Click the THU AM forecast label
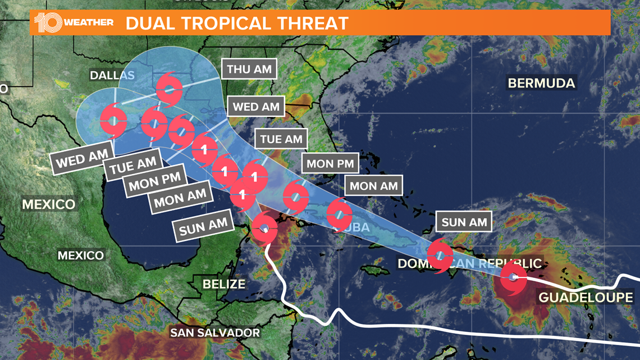tap(250, 70)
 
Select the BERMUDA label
tap(541, 83)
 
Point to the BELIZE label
tap(224, 284)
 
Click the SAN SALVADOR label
tap(215, 332)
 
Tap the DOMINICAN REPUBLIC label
tap(469, 263)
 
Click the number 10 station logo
tap(47, 23)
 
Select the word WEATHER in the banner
tap(89, 23)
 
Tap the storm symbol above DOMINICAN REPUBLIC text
tap(440, 256)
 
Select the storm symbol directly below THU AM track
tap(169, 89)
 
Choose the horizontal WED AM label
tap(256, 107)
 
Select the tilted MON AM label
tap(177, 198)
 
